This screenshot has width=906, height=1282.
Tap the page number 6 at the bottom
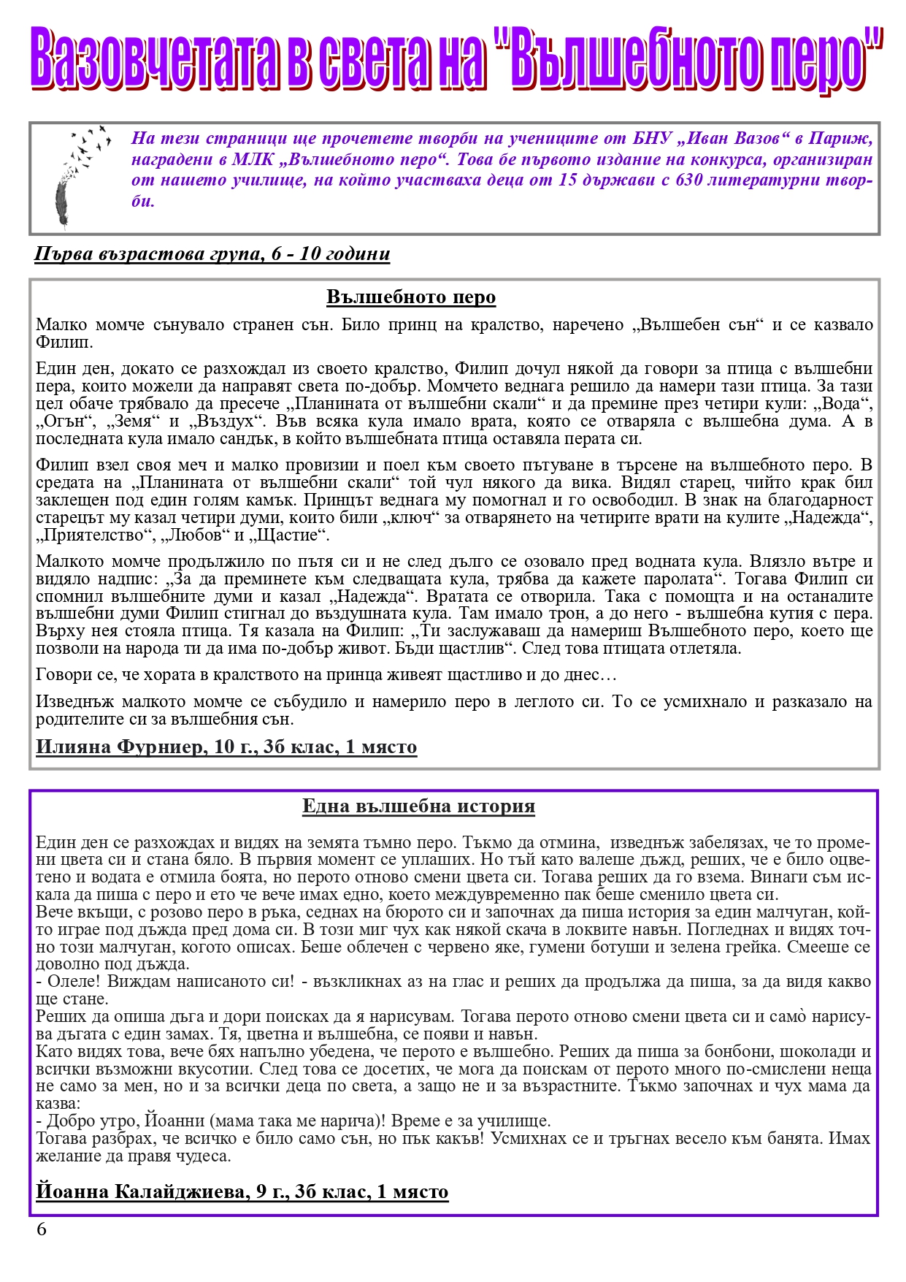[x=42, y=1229]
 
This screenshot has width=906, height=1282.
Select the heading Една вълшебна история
[x=418, y=806]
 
